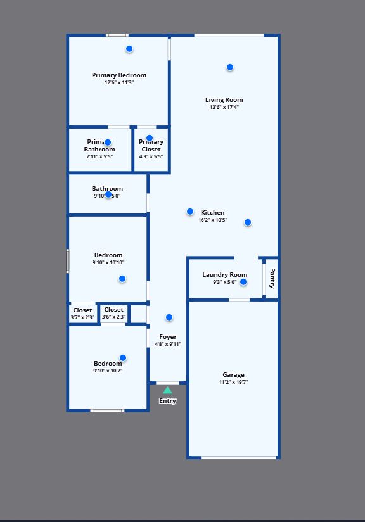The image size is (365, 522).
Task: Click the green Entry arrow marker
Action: [167, 390]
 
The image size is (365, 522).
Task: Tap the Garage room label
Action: [233, 375]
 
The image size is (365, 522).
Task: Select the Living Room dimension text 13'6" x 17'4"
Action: [224, 108]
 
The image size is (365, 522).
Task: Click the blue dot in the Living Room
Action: [230, 67]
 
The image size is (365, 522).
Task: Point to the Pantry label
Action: [272, 277]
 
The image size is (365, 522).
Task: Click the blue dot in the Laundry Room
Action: [243, 282]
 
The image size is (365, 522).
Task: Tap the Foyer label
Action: [168, 337]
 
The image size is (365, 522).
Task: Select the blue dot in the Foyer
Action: [169, 317]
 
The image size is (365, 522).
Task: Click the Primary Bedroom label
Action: [119, 75]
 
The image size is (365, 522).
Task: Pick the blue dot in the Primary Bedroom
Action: [129, 49]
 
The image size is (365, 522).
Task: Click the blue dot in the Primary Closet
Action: [150, 138]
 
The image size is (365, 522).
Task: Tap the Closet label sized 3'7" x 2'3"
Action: [82, 310]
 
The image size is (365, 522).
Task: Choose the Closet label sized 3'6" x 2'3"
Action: [114, 310]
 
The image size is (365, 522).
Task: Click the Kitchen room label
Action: [213, 213]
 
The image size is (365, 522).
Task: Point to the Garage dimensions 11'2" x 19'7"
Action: [233, 383]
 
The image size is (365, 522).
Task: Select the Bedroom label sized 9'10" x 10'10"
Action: [108, 255]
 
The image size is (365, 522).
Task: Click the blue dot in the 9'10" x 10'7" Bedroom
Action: [123, 358]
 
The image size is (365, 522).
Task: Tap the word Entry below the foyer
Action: [167, 401]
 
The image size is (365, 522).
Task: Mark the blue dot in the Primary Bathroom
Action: [108, 143]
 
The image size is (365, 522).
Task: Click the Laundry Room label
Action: [224, 275]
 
